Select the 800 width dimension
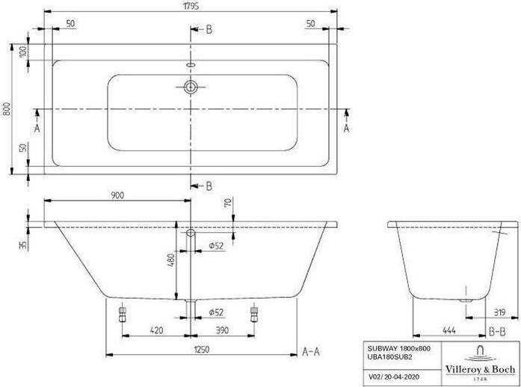click(7, 109)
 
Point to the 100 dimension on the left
click(23, 52)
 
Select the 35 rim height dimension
click(23, 244)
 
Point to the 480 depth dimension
click(171, 260)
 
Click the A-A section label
click(312, 350)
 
